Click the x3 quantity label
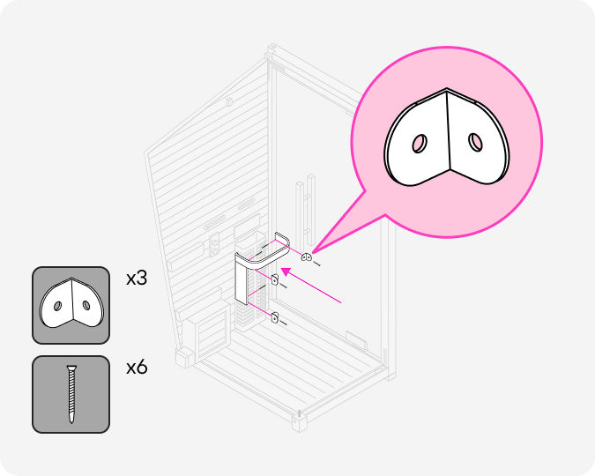click(x=137, y=279)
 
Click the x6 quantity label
click(x=137, y=367)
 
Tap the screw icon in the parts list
click(x=71, y=394)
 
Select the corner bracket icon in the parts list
click(x=71, y=305)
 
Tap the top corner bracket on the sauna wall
click(x=307, y=257)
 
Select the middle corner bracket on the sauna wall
click(x=274, y=280)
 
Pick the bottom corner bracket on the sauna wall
click(x=274, y=318)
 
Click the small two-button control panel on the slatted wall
click(x=215, y=238)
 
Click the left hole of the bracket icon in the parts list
click(x=57, y=306)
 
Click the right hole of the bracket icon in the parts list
click(x=86, y=305)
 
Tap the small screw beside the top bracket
click(x=317, y=262)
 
